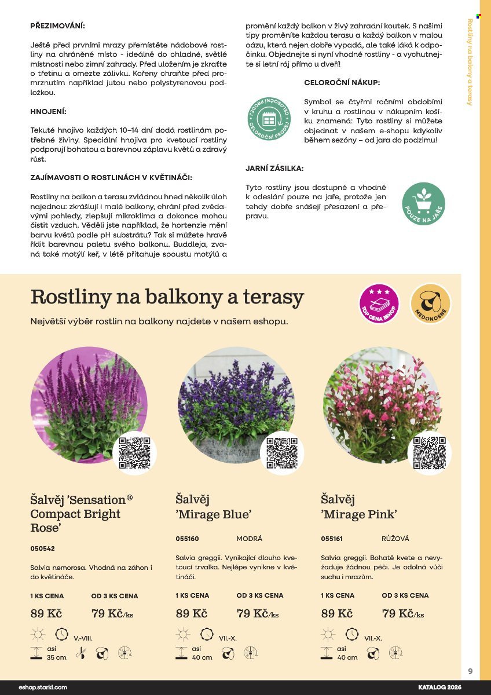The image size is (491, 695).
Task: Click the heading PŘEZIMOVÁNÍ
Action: pos(57,26)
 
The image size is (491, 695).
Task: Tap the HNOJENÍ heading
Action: pos(48,111)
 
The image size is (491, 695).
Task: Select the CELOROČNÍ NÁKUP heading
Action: pos(342,83)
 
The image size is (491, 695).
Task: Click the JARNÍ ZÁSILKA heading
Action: pos(274,169)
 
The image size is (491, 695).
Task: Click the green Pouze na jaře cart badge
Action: pos(423,203)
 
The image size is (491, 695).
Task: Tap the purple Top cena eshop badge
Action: pos(379,303)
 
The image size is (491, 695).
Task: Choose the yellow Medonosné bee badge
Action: pos(431,303)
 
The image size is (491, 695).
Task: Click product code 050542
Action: pos(42,548)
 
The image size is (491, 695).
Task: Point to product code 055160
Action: pos(187,539)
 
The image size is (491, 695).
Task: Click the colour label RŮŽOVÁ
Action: pos(395,539)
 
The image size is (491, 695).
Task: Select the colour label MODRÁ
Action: pos(250,539)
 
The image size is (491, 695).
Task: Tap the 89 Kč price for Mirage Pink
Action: pos(336,614)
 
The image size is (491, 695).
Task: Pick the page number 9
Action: pos(470,672)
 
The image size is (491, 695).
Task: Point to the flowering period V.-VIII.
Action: pos(83,638)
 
